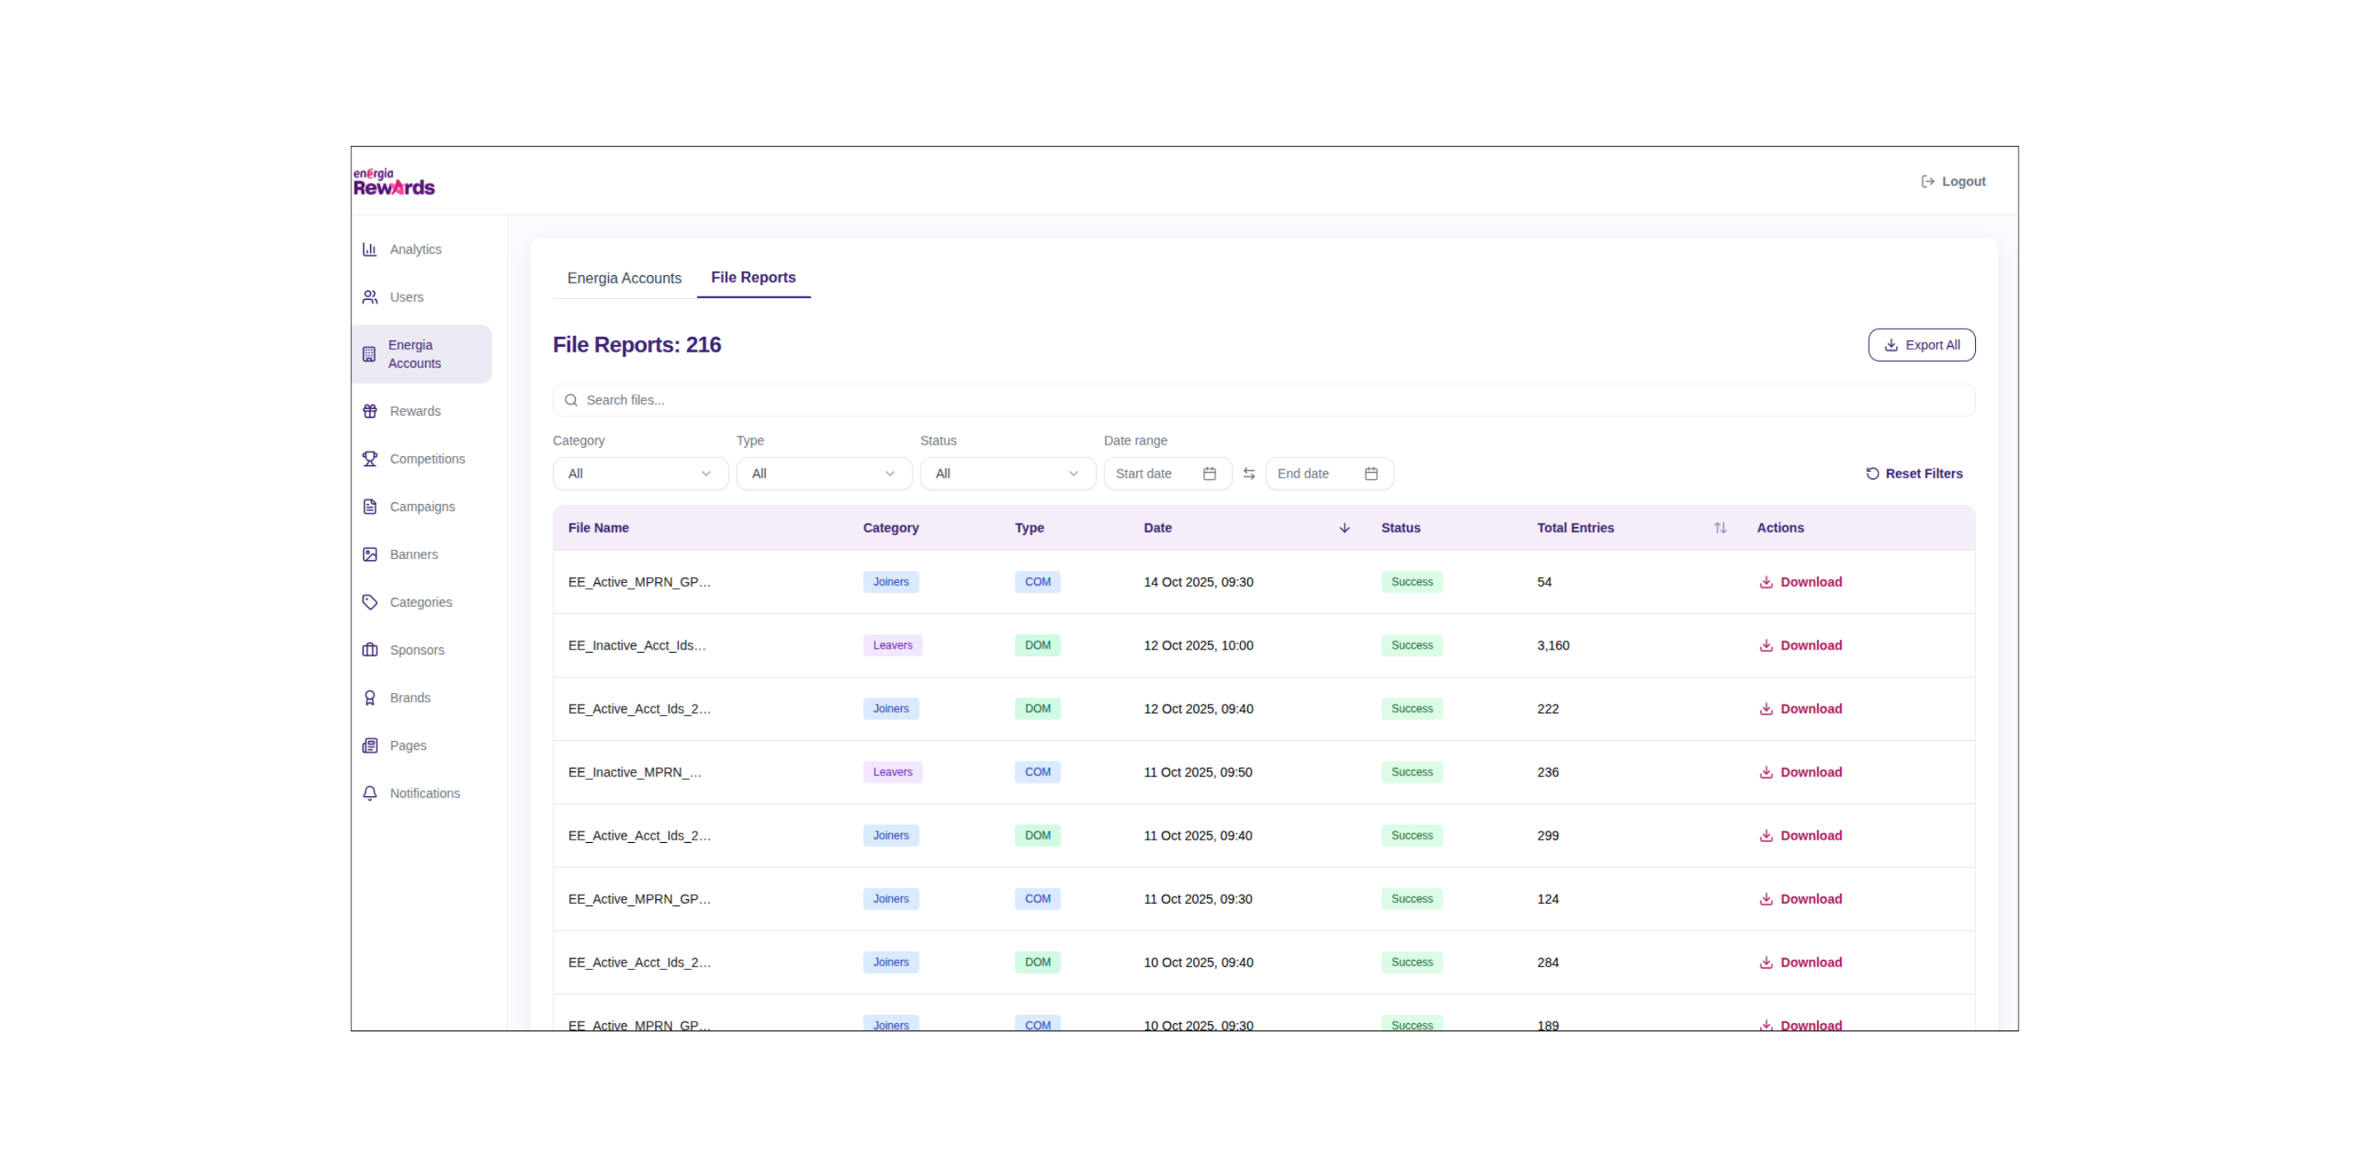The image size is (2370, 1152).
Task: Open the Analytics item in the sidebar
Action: pyautogui.click(x=414, y=249)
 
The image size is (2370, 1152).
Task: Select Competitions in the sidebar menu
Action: pyautogui.click(x=426, y=459)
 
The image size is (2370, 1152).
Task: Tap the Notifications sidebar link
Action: pyautogui.click(x=423, y=793)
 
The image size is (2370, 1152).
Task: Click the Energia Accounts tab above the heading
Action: pyautogui.click(x=624, y=278)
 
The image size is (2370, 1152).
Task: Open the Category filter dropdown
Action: pyautogui.click(x=639, y=474)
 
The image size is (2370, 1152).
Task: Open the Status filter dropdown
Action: pyautogui.click(x=1007, y=474)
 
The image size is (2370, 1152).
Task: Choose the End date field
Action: pyautogui.click(x=1328, y=474)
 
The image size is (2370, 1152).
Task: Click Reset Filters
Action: pyautogui.click(x=1914, y=474)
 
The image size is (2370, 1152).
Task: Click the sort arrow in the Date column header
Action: pyautogui.click(x=1344, y=528)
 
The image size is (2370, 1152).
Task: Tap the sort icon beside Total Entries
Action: pyautogui.click(x=1719, y=528)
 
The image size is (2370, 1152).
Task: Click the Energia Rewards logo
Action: pyautogui.click(x=394, y=182)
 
